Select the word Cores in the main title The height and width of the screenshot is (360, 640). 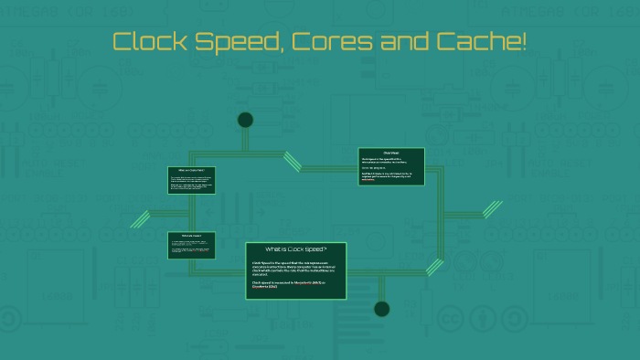click(x=325, y=42)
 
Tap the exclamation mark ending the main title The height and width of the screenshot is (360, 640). click(x=524, y=42)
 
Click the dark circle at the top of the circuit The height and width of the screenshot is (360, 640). click(x=245, y=120)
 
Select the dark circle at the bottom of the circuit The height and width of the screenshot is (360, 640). click(x=381, y=309)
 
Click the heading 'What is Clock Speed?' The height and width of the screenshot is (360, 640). click(x=295, y=249)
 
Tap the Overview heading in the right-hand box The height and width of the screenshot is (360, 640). click(x=391, y=152)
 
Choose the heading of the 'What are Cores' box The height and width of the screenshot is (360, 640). click(x=191, y=170)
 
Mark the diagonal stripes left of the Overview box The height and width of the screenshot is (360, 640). click(x=292, y=162)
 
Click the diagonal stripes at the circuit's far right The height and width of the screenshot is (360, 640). click(x=493, y=209)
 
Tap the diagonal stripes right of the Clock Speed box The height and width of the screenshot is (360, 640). click(x=435, y=267)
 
